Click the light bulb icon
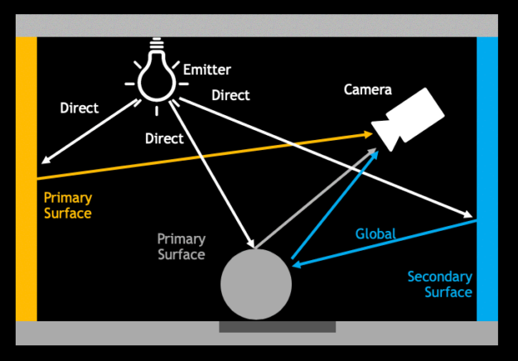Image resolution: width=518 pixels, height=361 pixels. tap(156, 74)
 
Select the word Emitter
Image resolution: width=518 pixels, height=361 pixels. tap(206, 70)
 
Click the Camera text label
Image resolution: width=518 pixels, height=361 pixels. tap(367, 89)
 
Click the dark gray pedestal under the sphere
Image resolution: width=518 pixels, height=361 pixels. tap(277, 327)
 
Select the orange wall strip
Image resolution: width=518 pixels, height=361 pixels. tap(27, 178)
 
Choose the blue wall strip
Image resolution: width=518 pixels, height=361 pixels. tap(487, 178)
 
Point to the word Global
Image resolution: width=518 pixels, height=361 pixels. tap(375, 233)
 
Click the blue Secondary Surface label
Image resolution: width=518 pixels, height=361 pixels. tap(440, 284)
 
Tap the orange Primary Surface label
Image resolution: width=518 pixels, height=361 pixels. tap(67, 206)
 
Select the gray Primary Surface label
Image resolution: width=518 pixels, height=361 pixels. tap(181, 247)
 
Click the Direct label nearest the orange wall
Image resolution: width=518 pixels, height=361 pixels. tap(80, 108)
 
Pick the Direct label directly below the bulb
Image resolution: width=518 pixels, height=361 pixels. tap(164, 138)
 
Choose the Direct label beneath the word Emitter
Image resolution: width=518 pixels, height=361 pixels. tap(230, 95)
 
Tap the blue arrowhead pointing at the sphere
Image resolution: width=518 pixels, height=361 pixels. tap(297, 264)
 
